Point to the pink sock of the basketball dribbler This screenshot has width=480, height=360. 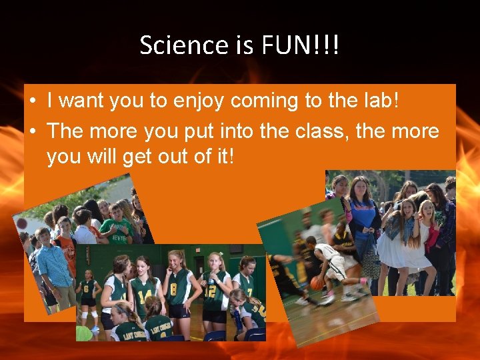point(364,281)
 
